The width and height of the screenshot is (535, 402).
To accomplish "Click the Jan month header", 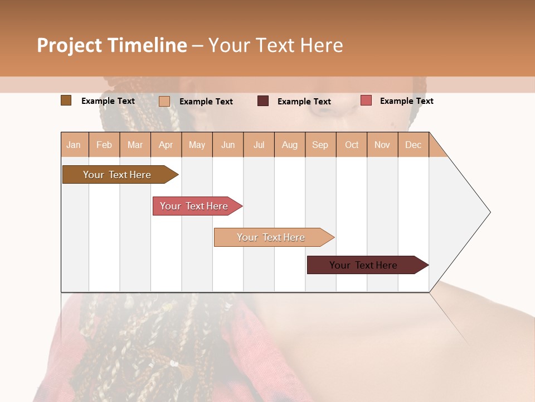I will (74, 145).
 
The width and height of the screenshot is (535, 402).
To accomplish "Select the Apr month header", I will (166, 145).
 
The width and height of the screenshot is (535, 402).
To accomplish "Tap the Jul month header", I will (259, 145).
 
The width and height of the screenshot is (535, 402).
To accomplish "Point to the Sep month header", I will (320, 145).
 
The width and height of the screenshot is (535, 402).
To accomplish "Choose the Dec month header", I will (413, 145).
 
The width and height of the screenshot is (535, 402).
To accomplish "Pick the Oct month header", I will (352, 145).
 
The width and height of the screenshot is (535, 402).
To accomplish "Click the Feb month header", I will (104, 145).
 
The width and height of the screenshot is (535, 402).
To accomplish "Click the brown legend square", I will (66, 100).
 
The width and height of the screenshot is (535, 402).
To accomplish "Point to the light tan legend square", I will (164, 101).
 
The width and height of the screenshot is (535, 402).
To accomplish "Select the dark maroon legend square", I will (263, 101).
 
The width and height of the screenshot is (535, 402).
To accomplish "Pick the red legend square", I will (366, 100).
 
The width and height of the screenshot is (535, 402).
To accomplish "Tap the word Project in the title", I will (70, 45).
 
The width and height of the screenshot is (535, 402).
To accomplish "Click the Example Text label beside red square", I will (406, 100).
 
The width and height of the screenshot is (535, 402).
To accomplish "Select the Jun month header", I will (228, 145).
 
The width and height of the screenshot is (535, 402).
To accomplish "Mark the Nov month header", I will (382, 145).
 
